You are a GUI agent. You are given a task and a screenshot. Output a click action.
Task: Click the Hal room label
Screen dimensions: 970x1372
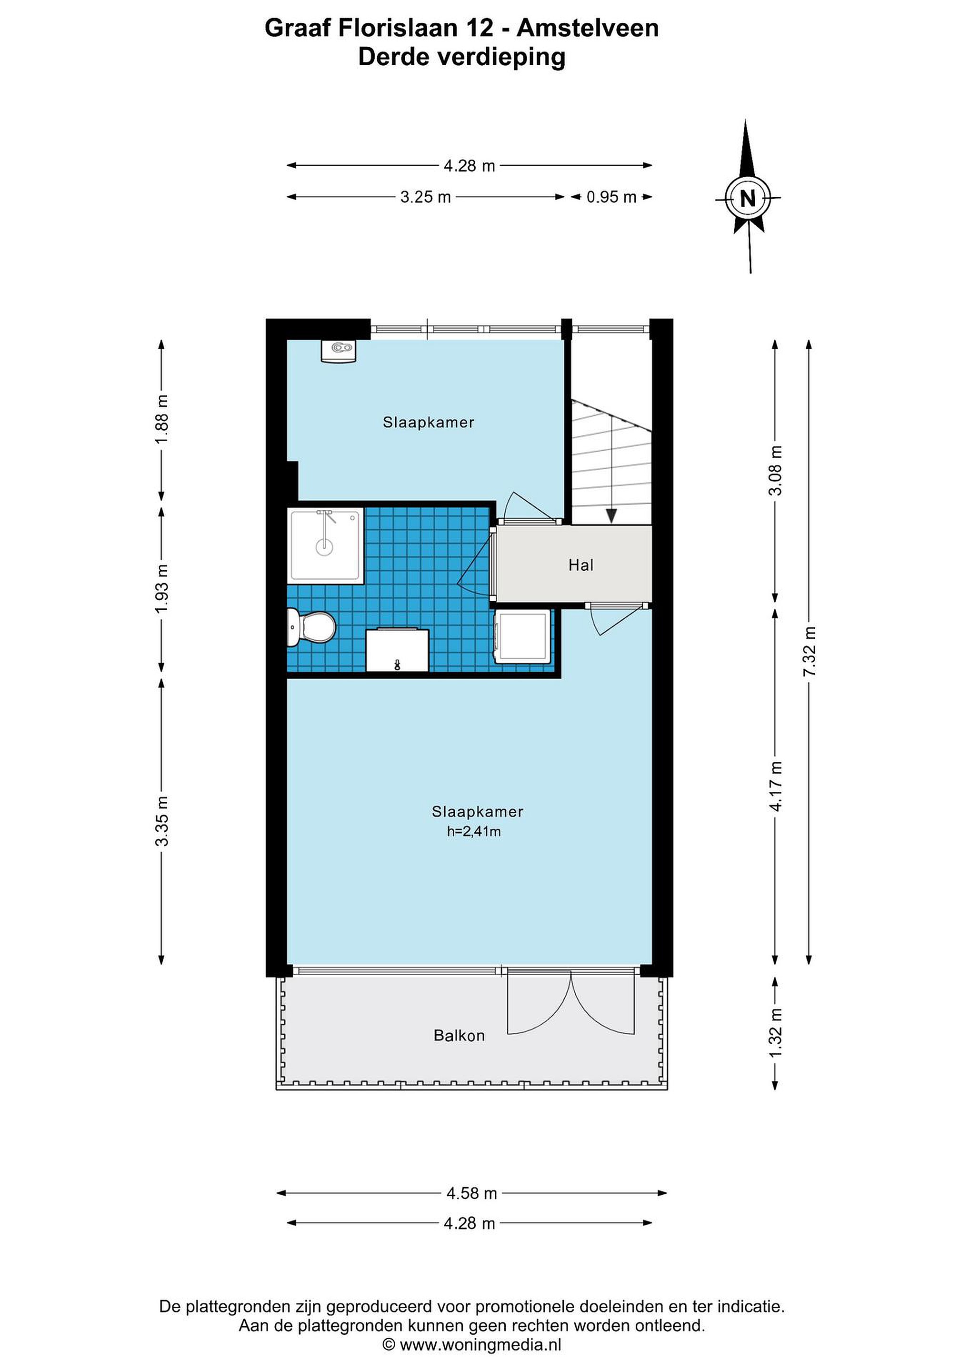(x=580, y=565)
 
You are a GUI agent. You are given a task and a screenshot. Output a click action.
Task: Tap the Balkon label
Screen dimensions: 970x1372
(x=459, y=1036)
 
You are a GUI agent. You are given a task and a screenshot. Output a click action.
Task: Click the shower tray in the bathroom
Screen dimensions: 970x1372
(x=326, y=545)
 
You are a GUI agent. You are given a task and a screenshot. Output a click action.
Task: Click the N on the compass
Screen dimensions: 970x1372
(x=748, y=198)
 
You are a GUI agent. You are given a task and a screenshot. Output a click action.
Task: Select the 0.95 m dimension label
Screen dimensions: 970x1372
(x=611, y=197)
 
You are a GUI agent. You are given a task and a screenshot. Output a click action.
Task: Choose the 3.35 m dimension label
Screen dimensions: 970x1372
(x=162, y=821)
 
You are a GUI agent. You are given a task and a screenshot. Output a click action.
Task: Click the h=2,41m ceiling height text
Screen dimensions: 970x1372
(x=474, y=831)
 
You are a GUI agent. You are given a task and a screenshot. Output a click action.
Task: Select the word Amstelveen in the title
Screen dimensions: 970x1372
(x=588, y=28)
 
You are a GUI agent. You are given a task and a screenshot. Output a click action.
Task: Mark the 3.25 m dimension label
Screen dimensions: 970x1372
(x=425, y=197)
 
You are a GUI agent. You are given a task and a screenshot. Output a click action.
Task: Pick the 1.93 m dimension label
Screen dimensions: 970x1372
(x=162, y=588)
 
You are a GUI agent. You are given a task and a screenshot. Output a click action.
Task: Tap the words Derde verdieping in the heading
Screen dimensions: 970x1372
(x=462, y=57)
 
